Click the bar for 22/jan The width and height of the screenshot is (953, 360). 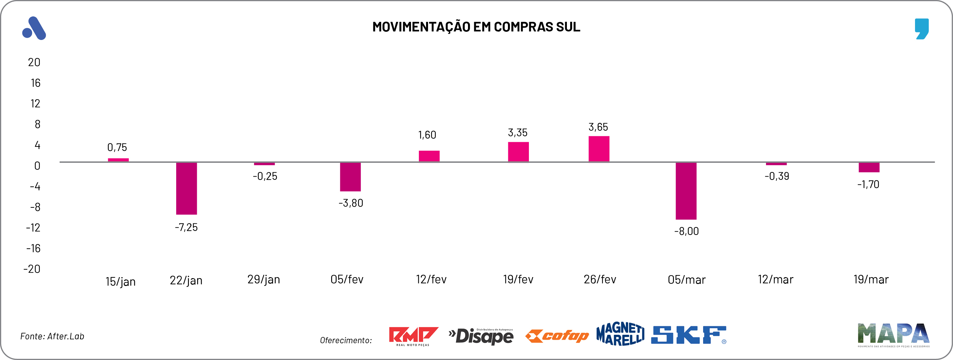coord(186,188)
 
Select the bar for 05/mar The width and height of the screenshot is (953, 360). coord(686,191)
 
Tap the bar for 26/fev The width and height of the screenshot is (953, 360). coord(599,149)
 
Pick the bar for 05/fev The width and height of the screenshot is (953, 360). coord(350,177)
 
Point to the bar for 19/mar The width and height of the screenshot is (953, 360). coord(869,167)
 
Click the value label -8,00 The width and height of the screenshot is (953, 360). coord(686,231)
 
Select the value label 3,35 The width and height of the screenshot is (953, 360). coord(517,132)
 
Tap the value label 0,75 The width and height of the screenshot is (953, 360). coord(117,147)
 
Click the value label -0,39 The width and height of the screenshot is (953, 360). coord(776,176)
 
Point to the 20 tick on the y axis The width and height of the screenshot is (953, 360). coord(34,62)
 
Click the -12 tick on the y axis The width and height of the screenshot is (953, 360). coord(33,228)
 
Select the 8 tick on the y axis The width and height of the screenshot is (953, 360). coord(37,124)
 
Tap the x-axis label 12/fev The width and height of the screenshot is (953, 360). coord(431,279)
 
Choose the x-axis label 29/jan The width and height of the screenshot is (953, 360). coord(263,279)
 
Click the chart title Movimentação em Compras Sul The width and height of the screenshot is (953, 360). coord(476,27)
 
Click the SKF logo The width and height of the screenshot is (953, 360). coord(688,335)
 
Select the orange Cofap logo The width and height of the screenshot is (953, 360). coord(557,336)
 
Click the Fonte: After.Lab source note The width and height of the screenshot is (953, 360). coord(52,336)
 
